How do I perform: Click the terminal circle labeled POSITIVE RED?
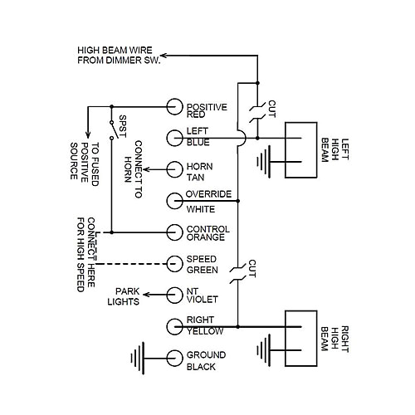tap(173, 107)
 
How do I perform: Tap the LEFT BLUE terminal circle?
tap(173, 138)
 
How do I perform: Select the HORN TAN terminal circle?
tap(173, 169)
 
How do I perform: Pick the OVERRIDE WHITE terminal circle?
tap(173, 201)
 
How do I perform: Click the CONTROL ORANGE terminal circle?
tap(173, 232)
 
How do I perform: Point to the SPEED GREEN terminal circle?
tap(173, 263)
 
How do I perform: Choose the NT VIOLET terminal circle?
tap(173, 294)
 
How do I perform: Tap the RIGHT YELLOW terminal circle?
tap(173, 325)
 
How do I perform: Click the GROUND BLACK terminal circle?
tap(173, 358)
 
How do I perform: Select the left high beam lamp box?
tap(300, 152)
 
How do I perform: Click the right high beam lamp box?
tap(300, 339)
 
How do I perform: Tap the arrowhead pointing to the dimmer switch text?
tap(163, 56)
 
